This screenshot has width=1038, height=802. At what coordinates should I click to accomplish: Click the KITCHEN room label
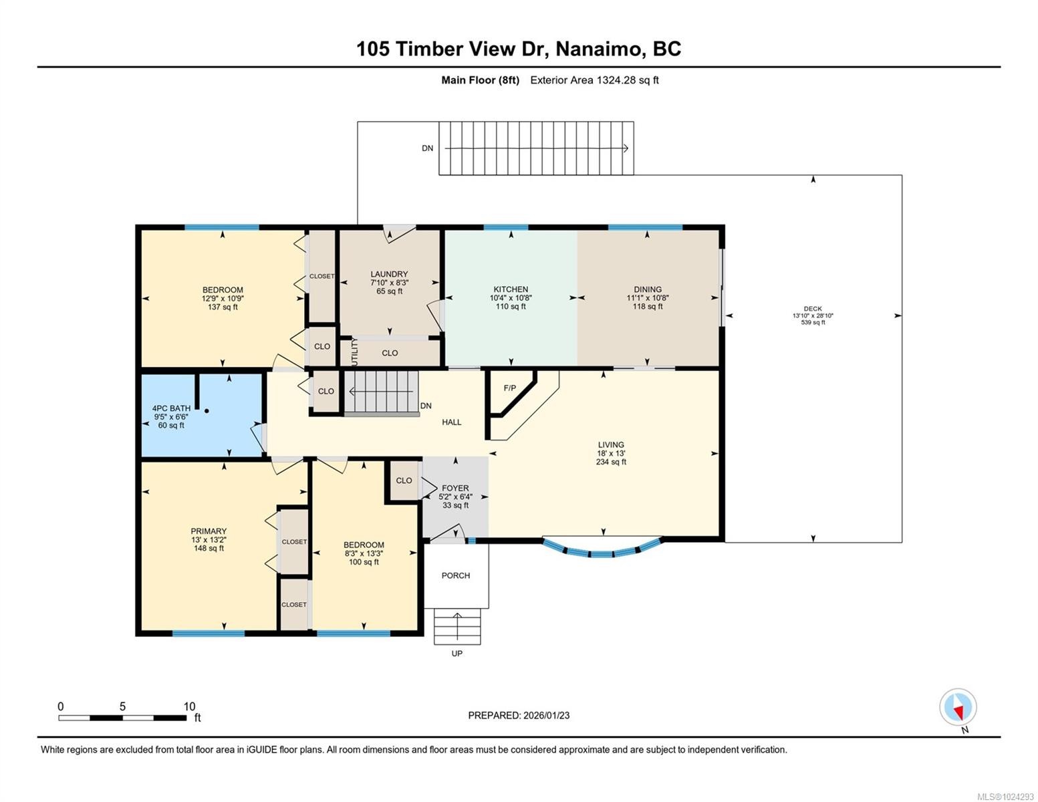tap(511, 289)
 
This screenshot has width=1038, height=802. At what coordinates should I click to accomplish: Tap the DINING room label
tap(648, 289)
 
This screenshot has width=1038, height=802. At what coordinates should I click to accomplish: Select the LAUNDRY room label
tap(389, 274)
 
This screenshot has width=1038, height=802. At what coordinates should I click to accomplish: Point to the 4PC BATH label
tap(171, 408)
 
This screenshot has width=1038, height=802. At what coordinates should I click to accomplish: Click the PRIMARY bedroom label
tap(209, 531)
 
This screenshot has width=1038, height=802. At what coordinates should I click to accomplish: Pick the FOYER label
tap(455, 488)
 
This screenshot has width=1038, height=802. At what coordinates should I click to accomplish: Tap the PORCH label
tap(456, 575)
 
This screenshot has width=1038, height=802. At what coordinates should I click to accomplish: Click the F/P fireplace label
tap(510, 388)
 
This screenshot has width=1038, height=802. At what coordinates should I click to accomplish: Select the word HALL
tap(451, 422)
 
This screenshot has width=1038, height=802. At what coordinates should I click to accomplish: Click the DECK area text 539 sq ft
tap(813, 322)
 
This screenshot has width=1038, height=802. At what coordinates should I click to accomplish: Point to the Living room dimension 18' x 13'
tap(611, 453)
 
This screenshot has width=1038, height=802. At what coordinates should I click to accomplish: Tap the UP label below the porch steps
tap(457, 653)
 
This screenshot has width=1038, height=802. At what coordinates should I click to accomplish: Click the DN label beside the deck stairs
tap(427, 148)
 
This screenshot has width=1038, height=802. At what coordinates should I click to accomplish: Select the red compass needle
tap(958, 714)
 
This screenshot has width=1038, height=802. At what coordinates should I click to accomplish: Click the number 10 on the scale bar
tap(190, 706)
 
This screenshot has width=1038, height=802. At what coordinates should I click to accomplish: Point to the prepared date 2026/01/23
tap(547, 715)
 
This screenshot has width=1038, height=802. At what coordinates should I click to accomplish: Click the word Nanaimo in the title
tap(598, 49)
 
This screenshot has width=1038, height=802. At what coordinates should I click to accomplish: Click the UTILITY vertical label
tap(354, 352)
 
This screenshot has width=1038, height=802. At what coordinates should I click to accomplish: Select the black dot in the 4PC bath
tap(207, 410)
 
